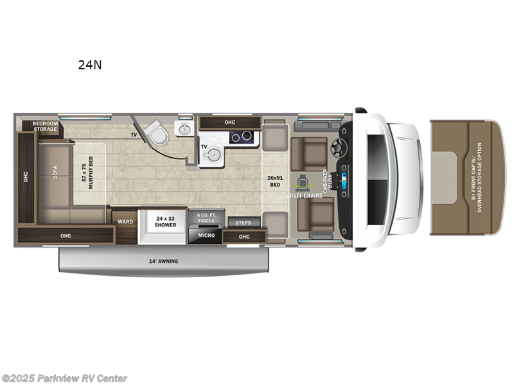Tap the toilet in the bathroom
pos(156,133)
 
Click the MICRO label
pos(206,235)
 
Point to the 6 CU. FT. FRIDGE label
pos(206,219)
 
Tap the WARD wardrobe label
pos(124,222)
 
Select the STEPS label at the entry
pos(244,223)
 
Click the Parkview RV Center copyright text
pos(64,379)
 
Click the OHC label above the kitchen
pos(229,122)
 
